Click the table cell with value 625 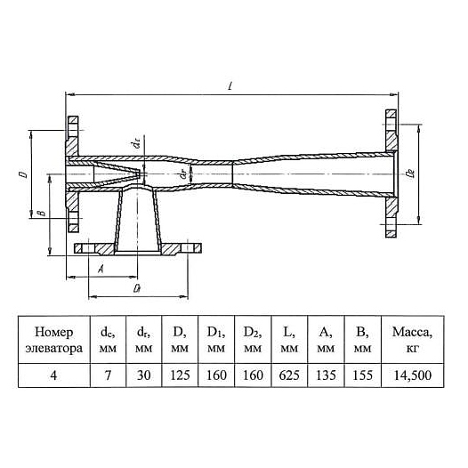[x=289, y=375]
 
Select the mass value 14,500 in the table [x=413, y=375]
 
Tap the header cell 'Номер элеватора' [x=54, y=340]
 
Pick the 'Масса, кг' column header [x=412, y=340]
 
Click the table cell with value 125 [x=180, y=375]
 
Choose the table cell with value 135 [x=326, y=375]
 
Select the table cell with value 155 [x=363, y=375]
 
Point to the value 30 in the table [x=143, y=375]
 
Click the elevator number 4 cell [x=53, y=375]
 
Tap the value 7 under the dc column [x=108, y=375]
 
